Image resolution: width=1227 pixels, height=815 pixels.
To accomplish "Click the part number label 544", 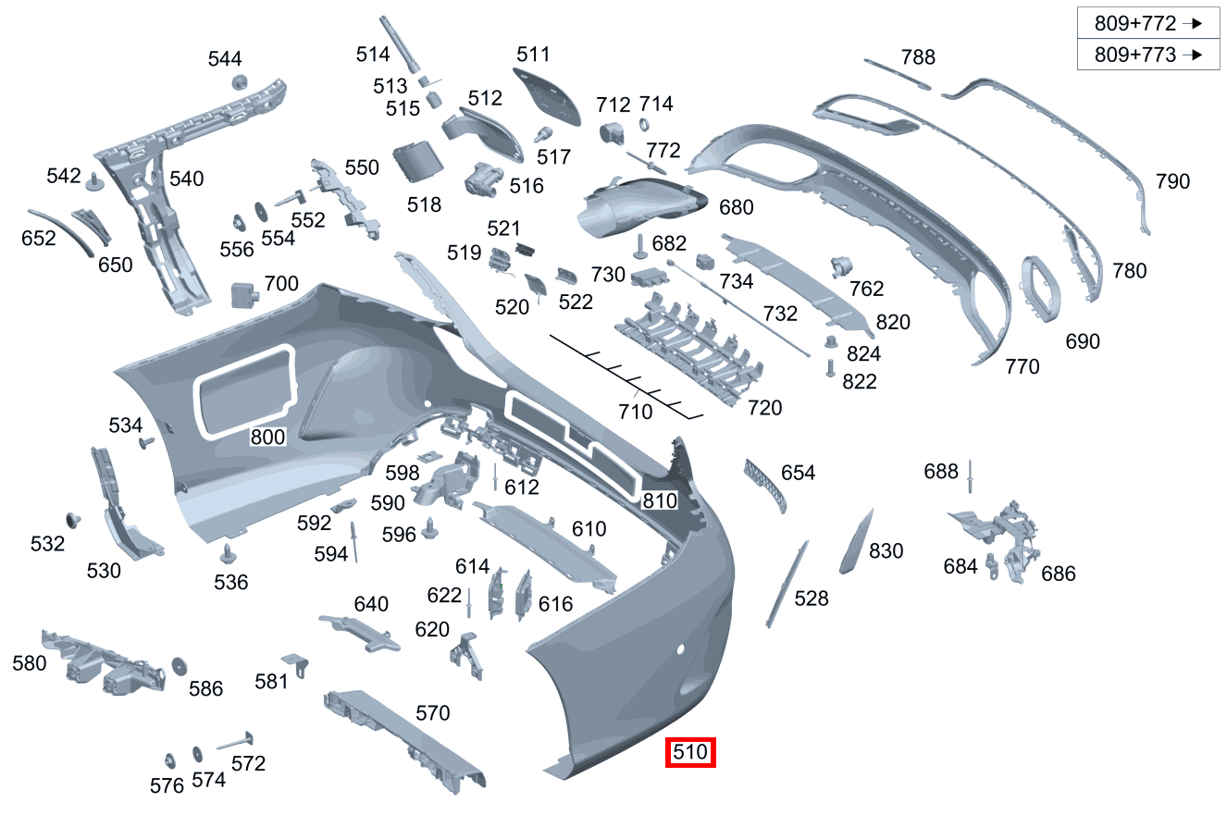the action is point(225,60).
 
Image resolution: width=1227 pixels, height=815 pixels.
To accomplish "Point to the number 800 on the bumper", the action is point(268,438).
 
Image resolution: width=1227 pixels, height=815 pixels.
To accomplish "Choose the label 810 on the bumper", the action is point(661,500).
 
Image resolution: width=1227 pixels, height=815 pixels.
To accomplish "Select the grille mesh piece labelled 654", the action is point(766,484).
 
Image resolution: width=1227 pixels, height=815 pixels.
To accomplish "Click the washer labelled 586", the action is point(179,666).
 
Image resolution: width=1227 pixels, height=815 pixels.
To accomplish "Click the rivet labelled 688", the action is point(969,477).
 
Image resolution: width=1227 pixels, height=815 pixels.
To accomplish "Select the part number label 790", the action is point(1172,181).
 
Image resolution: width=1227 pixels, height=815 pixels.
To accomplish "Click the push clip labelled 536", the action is point(227,554).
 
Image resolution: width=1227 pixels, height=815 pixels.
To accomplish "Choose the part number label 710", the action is point(635,412).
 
